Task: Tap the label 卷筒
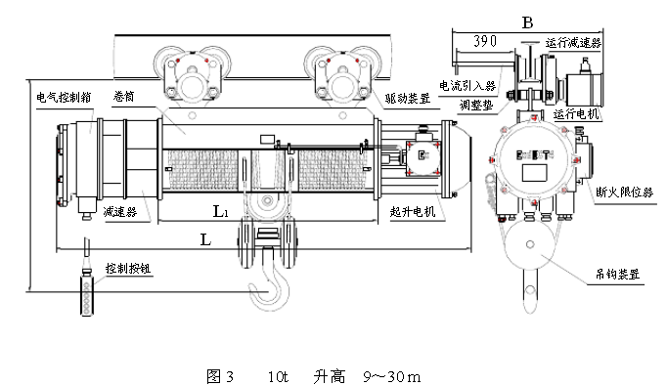[124, 96]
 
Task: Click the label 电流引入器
[467, 85]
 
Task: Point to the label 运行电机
[577, 114]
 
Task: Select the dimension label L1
[221, 211]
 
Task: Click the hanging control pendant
[87, 294]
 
